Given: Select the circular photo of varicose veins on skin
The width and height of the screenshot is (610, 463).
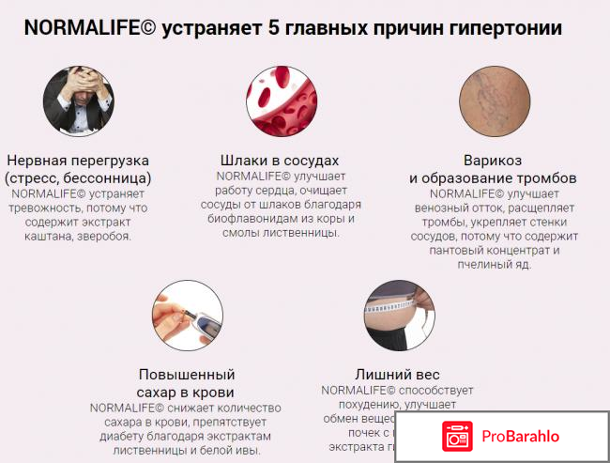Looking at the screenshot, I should (493, 100).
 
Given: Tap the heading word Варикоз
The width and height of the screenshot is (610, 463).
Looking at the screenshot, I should (493, 160).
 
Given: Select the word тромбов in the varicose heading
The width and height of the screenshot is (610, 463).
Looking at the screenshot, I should (548, 177).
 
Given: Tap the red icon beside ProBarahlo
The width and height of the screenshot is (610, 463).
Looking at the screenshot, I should (458, 435).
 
